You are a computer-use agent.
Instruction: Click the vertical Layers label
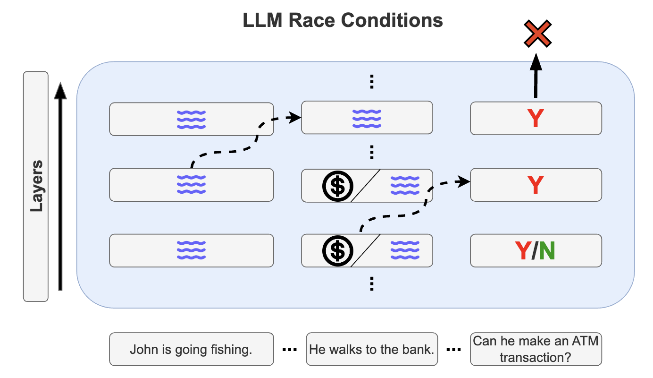click(x=36, y=186)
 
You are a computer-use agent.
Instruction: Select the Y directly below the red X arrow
click(x=536, y=119)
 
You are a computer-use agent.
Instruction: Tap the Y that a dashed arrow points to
click(x=536, y=185)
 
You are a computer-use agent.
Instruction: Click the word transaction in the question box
click(x=536, y=357)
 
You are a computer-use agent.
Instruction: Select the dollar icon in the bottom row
click(x=337, y=251)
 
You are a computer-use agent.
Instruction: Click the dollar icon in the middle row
click(x=337, y=186)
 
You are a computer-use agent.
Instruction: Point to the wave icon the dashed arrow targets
click(x=367, y=119)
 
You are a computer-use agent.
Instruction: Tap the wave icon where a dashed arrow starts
click(x=191, y=185)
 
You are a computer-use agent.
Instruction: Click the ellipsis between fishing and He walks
click(x=289, y=350)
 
